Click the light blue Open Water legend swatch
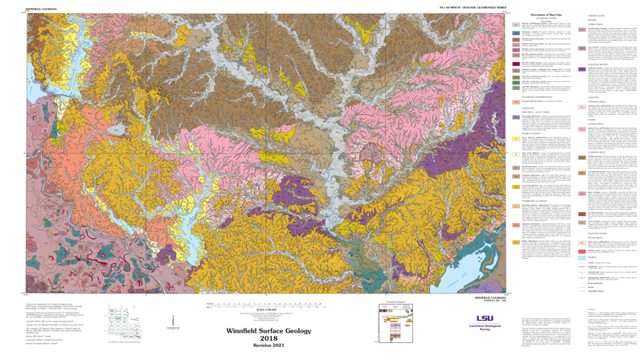tap(582, 258)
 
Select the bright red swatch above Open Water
tap(582, 250)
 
